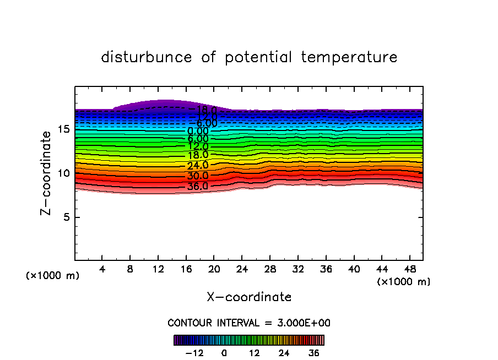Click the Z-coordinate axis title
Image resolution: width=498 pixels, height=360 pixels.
pos(48,173)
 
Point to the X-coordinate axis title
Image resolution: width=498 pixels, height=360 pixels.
pos(249,297)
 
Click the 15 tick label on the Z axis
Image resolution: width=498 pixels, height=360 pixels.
pos(63,129)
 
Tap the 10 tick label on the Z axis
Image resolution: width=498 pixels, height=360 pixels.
pos(63,173)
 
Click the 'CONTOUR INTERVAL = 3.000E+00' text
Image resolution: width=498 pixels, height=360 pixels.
pos(249,323)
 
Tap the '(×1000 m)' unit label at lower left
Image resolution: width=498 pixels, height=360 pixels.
pos(53,276)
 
